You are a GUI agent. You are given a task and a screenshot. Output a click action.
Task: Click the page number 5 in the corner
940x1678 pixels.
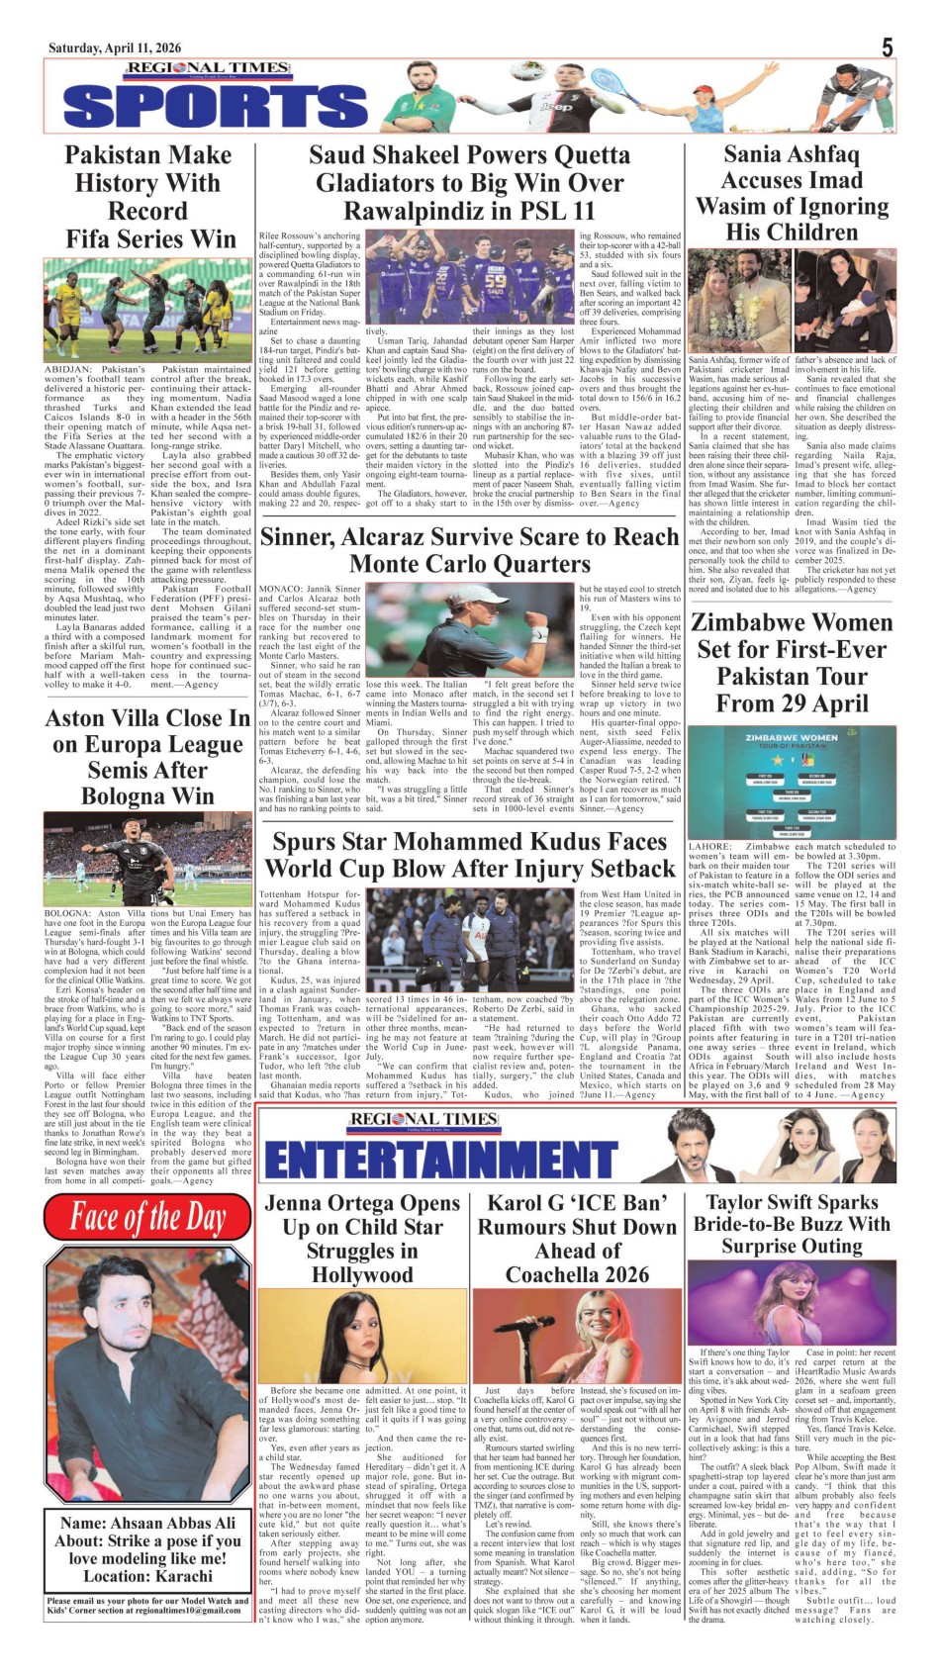pos(888,47)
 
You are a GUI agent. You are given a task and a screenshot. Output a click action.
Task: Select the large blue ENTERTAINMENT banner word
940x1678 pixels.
pos(440,1161)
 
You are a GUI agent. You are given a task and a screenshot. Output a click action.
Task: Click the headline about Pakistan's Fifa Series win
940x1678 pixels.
pos(148,197)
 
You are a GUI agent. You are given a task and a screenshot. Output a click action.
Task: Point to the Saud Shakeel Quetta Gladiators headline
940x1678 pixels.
pos(469,183)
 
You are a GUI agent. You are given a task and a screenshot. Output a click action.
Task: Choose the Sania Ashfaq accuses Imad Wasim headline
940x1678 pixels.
pos(791,193)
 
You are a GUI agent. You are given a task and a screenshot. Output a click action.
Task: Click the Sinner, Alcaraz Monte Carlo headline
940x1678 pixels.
pos(469,550)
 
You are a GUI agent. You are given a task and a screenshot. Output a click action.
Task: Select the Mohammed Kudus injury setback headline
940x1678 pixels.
pos(469,855)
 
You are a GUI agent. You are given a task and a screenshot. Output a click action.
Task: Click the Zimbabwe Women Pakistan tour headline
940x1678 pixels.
pos(791,663)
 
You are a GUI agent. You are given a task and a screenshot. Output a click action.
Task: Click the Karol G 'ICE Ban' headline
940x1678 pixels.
pos(577,1239)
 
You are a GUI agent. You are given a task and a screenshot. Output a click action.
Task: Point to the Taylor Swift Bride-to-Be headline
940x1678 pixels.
pos(791,1224)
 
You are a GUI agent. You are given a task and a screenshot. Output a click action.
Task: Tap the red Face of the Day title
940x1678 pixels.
pos(148,1218)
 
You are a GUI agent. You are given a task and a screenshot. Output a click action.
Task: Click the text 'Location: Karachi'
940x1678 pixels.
pos(148,1576)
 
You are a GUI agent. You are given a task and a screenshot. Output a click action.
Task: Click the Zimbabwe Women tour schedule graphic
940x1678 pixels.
pos(791,784)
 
